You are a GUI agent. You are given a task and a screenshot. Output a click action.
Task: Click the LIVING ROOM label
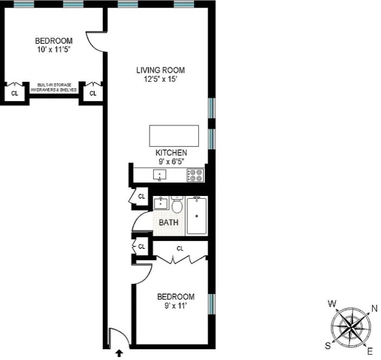tap(160, 70)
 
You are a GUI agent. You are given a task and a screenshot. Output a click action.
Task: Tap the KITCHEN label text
tap(171, 153)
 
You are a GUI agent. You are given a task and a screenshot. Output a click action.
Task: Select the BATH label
tap(169, 222)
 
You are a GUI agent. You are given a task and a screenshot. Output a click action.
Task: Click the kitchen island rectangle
tap(174, 135)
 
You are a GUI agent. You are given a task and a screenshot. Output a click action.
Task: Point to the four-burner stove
tap(195, 175)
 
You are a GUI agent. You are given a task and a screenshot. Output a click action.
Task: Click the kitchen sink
tap(160, 175)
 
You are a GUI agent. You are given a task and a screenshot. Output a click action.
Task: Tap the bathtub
tap(196, 216)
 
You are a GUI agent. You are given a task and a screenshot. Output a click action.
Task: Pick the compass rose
tap(352, 327)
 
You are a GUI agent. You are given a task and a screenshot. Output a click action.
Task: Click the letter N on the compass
tap(373, 309)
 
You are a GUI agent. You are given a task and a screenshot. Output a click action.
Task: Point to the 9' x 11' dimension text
tap(176, 306)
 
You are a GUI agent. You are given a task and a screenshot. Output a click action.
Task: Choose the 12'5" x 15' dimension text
tap(160, 79)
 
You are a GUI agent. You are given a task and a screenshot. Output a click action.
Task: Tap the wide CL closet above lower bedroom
tap(180, 248)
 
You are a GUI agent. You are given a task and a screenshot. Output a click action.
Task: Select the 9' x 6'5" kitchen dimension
tap(171, 161)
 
